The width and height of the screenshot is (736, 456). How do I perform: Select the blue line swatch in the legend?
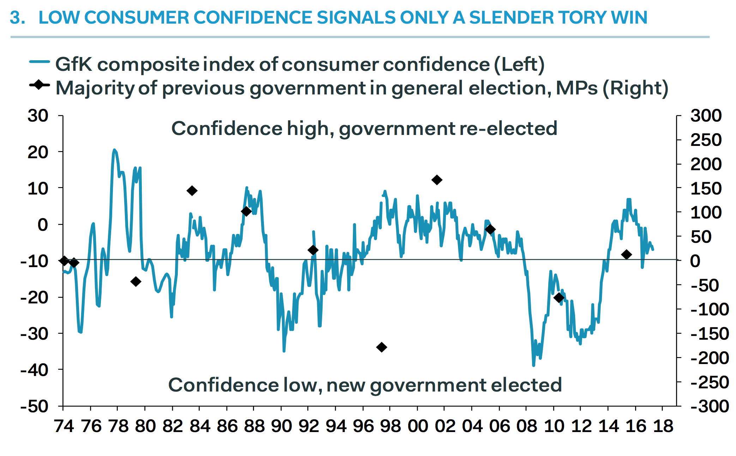pos(40,62)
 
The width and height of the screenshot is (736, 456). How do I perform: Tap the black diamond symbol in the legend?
pos(39,85)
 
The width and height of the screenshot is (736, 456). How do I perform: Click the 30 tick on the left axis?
pos(38,116)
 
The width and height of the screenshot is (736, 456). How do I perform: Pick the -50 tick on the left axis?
pos(35,406)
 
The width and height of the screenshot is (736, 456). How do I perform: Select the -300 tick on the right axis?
pos(709,406)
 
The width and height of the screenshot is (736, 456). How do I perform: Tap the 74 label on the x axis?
pos(64,426)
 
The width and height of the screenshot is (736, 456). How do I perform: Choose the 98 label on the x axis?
pos(391,426)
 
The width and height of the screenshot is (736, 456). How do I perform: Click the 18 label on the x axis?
pos(663,426)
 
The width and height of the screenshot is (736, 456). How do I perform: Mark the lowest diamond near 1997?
pos(381,347)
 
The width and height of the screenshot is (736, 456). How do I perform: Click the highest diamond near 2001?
pos(437,180)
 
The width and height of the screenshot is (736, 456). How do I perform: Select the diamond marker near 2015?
pos(627,254)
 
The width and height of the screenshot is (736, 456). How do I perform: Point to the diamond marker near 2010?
pos(559,298)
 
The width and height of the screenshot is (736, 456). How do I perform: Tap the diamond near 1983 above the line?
pos(192,191)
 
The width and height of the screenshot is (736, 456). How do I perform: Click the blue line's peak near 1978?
pos(114,150)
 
